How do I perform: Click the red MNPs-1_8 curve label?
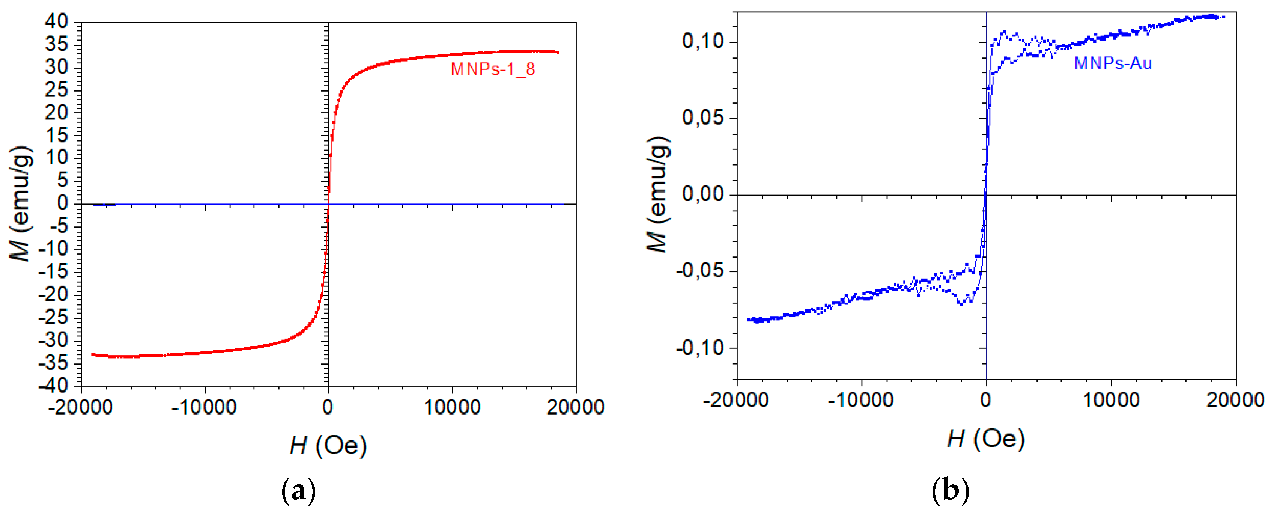click(493, 69)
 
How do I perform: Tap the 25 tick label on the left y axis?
click(56, 90)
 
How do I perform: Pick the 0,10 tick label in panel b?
click(703, 41)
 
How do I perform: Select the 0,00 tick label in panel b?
click(703, 194)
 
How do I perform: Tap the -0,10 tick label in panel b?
click(699, 348)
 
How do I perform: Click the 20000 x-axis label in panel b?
click(1235, 400)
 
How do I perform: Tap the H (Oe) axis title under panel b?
click(985, 438)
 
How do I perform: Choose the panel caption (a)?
click(298, 491)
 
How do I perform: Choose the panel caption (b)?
click(950, 491)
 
